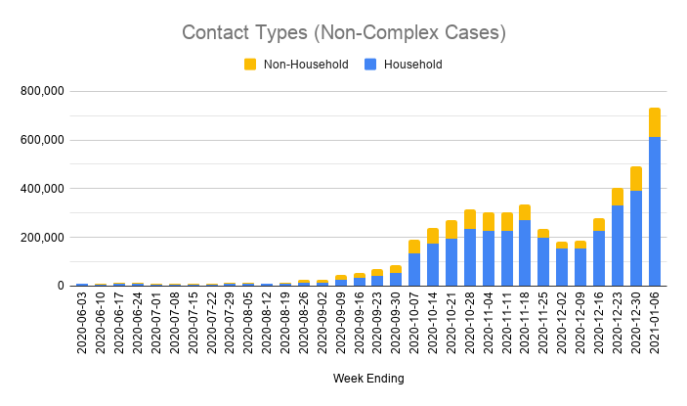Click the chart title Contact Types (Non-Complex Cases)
(x=343, y=32)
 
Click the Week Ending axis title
(x=367, y=378)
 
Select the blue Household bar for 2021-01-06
(x=654, y=211)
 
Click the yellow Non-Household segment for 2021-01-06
(x=654, y=122)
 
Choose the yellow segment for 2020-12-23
(x=618, y=197)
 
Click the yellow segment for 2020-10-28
(x=470, y=219)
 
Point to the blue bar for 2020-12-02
(x=562, y=267)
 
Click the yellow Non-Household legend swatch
(x=249, y=65)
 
